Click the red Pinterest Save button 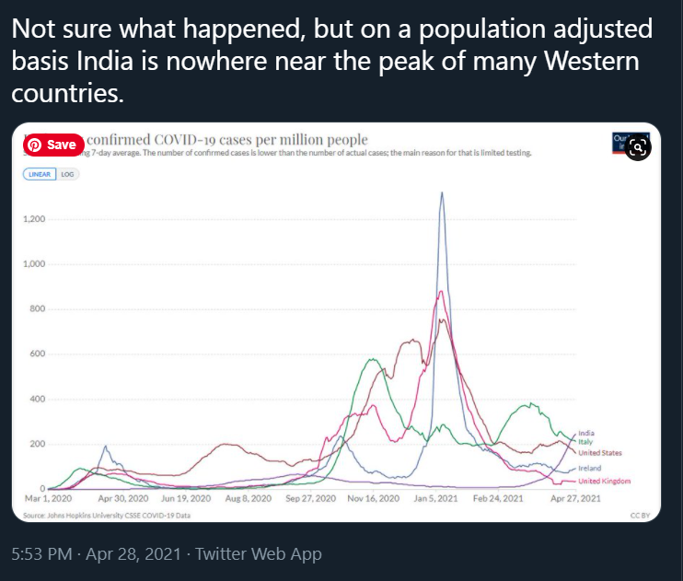tap(54, 145)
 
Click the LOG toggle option tap(67, 173)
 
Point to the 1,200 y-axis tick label tap(34, 220)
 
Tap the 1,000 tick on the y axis tap(34, 265)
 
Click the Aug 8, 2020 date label tap(249, 499)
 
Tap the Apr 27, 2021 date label tap(574, 499)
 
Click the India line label tap(586, 434)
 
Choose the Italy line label tap(585, 442)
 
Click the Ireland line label tap(589, 469)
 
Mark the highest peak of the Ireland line tap(443, 193)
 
